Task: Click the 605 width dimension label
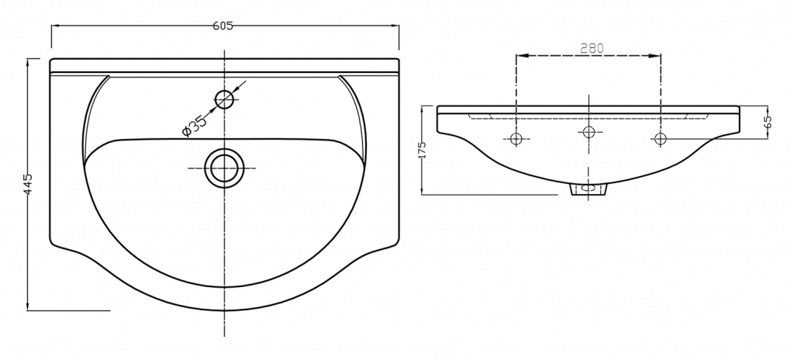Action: coord(223,26)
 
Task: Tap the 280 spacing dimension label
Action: coord(592,48)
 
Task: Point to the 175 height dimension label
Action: coord(423,150)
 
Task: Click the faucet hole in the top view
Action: coord(224,99)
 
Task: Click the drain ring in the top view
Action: coord(224,168)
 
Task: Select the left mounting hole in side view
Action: coord(516,138)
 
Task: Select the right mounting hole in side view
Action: coord(661,137)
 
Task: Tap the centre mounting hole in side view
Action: coord(589,132)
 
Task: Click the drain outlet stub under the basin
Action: coord(589,189)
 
